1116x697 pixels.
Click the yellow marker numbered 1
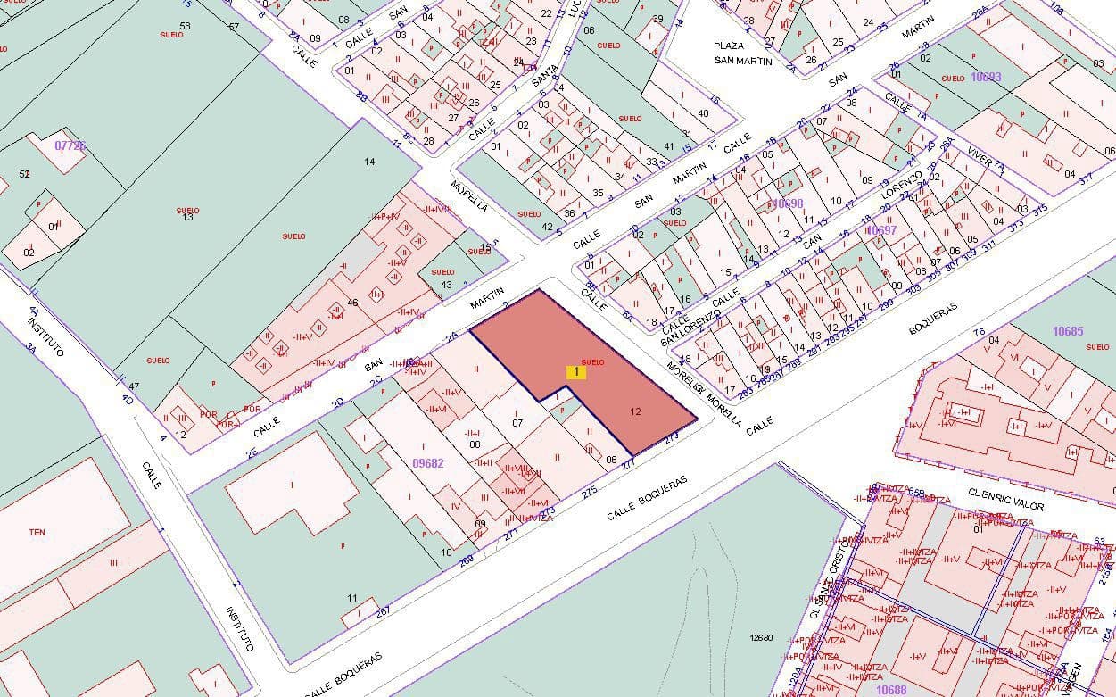pyautogui.click(x=576, y=371)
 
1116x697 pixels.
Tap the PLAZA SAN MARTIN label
pyautogui.click(x=742, y=54)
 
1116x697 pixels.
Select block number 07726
pyautogui.click(x=70, y=145)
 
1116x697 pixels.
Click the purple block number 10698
pyautogui.click(x=788, y=203)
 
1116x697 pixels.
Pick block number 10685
pyautogui.click(x=1067, y=332)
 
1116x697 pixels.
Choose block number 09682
pyautogui.click(x=428, y=463)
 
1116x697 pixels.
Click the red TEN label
pyautogui.click(x=37, y=533)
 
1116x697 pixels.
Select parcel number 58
pyautogui.click(x=185, y=26)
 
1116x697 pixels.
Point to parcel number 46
pyautogui.click(x=352, y=303)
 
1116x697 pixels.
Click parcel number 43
pyautogui.click(x=446, y=285)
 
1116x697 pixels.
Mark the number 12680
pyautogui.click(x=761, y=637)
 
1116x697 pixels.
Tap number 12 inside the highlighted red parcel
pyautogui.click(x=635, y=411)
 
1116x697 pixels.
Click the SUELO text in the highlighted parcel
pyautogui.click(x=593, y=361)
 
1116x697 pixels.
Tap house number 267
pyautogui.click(x=383, y=611)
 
